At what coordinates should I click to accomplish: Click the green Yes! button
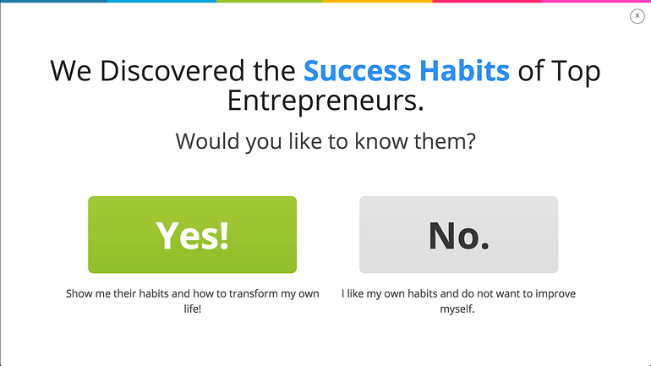click(x=192, y=234)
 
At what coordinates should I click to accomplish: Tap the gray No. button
click(x=458, y=234)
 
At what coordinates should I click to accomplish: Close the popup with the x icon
click(x=637, y=16)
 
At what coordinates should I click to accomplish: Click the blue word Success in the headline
click(x=357, y=70)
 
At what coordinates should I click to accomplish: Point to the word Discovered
click(x=172, y=70)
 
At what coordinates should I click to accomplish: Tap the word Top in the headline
click(x=576, y=71)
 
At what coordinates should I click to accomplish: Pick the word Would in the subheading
click(x=207, y=141)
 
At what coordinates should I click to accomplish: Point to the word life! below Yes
click(x=193, y=309)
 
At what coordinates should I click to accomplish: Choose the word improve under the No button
click(x=555, y=294)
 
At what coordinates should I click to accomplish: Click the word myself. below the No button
click(x=457, y=309)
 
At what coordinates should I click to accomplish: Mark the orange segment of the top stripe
click(x=378, y=1)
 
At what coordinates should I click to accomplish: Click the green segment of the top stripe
click(x=270, y=1)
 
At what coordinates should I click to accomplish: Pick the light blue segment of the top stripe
click(x=161, y=1)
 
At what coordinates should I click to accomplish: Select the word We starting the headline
click(x=70, y=70)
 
